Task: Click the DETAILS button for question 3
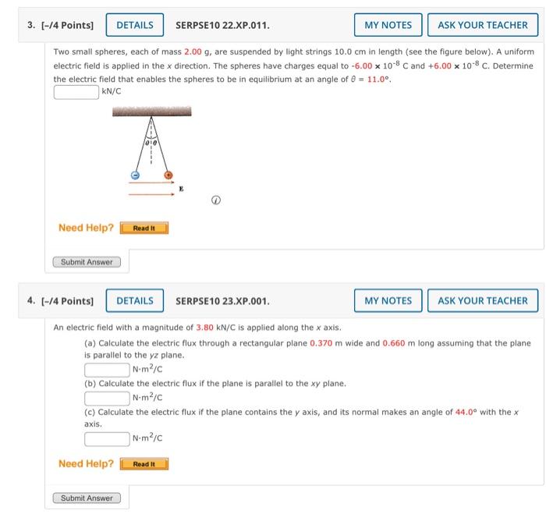(x=135, y=25)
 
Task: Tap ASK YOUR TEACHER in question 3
(x=482, y=25)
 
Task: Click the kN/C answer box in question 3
(x=76, y=92)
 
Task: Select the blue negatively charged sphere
(x=134, y=175)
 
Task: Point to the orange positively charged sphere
(x=168, y=175)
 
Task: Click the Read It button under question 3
(x=144, y=229)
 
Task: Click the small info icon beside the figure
(x=218, y=200)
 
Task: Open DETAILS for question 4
(x=135, y=300)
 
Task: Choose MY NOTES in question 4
(x=388, y=300)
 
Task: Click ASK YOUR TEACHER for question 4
(x=482, y=300)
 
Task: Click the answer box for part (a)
(x=108, y=369)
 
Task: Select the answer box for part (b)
(x=108, y=398)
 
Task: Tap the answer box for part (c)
(x=108, y=438)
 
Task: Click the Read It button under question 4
(x=144, y=464)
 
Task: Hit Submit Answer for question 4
(x=87, y=498)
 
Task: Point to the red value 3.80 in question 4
(x=205, y=328)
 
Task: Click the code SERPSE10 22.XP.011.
(x=222, y=25)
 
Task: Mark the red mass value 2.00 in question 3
(x=193, y=51)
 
